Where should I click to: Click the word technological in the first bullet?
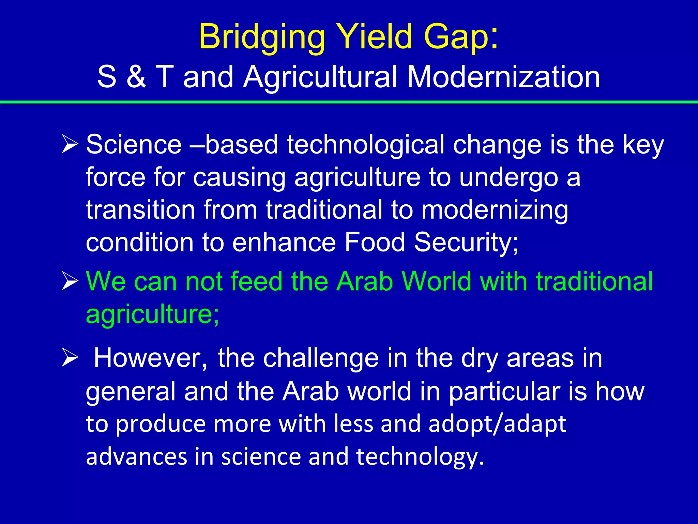tap(365, 145)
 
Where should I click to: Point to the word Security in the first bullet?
tap(466, 242)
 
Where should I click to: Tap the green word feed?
tap(256, 281)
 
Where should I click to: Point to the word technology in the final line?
tap(420, 456)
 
